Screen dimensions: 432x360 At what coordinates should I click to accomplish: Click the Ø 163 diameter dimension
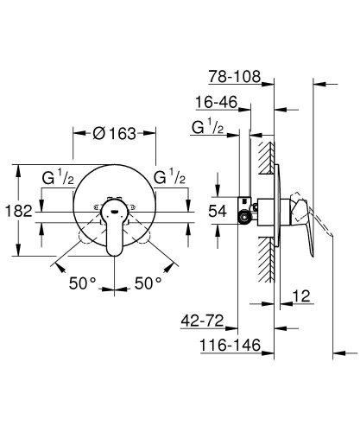113,135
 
